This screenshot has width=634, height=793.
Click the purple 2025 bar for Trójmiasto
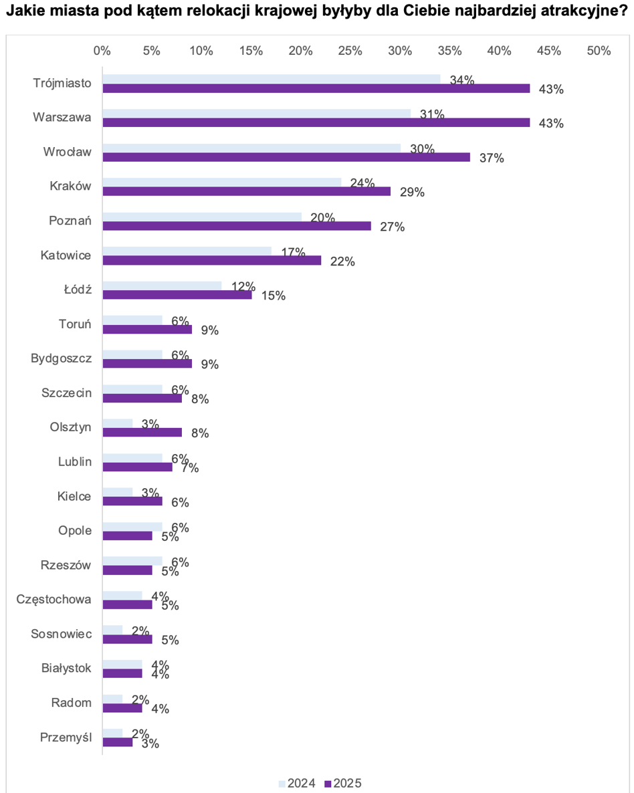pos(316,88)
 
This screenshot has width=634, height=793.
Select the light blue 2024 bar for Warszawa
pos(257,113)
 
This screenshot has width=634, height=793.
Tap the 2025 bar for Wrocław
pos(286,157)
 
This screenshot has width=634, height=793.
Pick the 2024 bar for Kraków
pos(222,182)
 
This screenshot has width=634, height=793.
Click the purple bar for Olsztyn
pos(142,433)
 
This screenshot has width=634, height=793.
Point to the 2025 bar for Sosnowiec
pos(128,639)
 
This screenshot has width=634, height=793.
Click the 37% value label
pos(492,158)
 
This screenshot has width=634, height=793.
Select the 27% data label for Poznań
pos(393,227)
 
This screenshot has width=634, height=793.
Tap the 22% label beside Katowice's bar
pos(342,261)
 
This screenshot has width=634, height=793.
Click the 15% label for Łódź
pos(274,296)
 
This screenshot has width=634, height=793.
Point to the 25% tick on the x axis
pos(350,51)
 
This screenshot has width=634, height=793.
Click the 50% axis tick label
pos(599,51)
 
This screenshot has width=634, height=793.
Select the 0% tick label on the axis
pos(102,51)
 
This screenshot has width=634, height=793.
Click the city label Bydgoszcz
pos(62,358)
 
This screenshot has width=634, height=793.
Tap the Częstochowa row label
pos(54,600)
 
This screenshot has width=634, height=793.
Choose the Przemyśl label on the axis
pos(66,738)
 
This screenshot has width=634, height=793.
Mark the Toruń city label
pos(75,324)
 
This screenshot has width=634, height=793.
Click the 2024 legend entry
pos(297,784)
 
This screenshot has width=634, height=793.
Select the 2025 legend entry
pos(343,784)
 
